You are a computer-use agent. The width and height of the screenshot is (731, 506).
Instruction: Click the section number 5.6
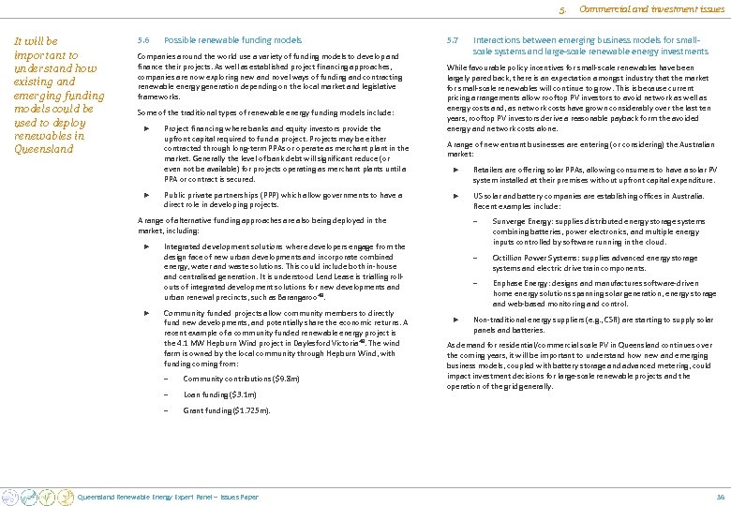pyautogui.click(x=143, y=41)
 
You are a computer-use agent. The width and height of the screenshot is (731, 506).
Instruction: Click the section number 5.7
pyautogui.click(x=453, y=41)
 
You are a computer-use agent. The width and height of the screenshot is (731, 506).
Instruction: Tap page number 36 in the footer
pyautogui.click(x=720, y=497)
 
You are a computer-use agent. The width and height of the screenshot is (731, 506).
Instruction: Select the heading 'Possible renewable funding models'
pyautogui.click(x=233, y=41)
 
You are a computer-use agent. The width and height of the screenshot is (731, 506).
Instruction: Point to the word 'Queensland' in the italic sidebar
pyautogui.click(x=44, y=149)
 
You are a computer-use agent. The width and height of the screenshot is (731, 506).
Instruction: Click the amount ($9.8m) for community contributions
pyautogui.click(x=282, y=379)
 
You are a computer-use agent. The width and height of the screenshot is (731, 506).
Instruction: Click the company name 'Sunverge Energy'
pyautogui.click(x=523, y=221)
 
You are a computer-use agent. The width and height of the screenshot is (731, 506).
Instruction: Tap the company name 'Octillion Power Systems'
pyautogui.click(x=535, y=258)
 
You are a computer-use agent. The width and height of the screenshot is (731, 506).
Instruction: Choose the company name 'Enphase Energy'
pyautogui.click(x=521, y=283)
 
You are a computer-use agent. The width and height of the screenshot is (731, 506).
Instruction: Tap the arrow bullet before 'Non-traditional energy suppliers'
pyautogui.click(x=455, y=320)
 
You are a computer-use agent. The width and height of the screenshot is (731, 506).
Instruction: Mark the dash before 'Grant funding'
pyautogui.click(x=165, y=410)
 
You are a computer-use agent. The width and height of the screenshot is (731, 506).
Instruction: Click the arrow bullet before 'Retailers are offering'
pyautogui.click(x=455, y=169)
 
